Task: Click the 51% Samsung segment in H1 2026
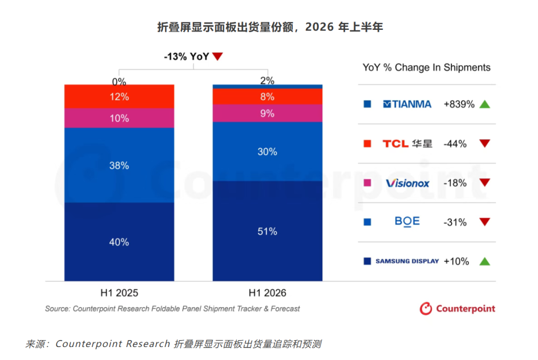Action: click(x=268, y=231)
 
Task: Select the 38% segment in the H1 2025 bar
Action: click(x=119, y=165)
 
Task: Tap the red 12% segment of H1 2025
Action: click(x=119, y=96)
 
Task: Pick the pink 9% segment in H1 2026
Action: click(x=268, y=113)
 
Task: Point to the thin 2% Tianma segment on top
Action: click(x=268, y=87)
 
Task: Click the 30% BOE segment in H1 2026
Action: click(x=268, y=151)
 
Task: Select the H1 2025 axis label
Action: click(x=119, y=293)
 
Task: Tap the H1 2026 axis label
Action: click(x=268, y=293)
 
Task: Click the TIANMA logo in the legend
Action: click(x=407, y=104)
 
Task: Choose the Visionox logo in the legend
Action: click(x=407, y=183)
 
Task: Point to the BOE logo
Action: click(x=407, y=222)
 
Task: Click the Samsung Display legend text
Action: click(x=407, y=261)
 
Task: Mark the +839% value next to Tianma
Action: click(x=459, y=104)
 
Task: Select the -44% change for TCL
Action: click(x=455, y=144)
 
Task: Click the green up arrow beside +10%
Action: click(x=485, y=261)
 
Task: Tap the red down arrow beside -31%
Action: click(x=485, y=222)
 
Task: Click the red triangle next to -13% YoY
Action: click(x=218, y=56)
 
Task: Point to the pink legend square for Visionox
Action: click(x=367, y=183)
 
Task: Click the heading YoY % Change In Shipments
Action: click(x=426, y=68)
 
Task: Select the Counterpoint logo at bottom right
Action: click(x=457, y=309)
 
